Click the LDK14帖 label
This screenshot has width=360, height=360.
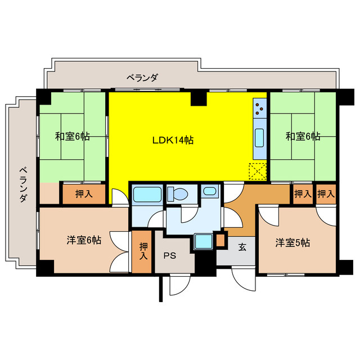coord(173,141)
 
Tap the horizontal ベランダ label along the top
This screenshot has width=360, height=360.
coord(142,78)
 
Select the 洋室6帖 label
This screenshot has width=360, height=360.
coord(84,241)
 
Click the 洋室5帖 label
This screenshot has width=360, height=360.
coord(292,243)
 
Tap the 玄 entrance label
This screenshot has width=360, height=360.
coord(241,246)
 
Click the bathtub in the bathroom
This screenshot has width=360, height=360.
coord(147,195)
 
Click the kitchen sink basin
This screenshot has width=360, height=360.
coord(259,137)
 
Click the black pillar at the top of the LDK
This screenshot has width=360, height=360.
coord(198,98)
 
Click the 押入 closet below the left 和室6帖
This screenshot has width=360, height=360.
coord(83,193)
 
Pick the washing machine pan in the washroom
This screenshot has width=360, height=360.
coord(202,242)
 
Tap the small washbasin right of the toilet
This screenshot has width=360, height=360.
coord(209,192)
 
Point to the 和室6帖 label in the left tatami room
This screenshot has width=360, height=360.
coord(72,136)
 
